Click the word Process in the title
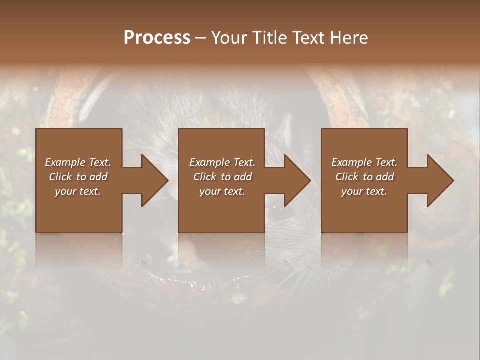pos(157,38)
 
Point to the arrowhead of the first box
pos(154,180)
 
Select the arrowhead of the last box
pos(440,180)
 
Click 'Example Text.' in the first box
pos(78,162)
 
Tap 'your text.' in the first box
pos(78,191)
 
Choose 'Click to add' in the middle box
pos(222,177)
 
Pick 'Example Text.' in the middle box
pos(222,162)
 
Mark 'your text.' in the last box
pos(364,191)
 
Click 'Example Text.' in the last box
pos(364,162)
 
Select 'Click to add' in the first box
pos(78,177)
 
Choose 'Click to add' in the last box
pos(364,177)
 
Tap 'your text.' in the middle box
pos(222,191)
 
